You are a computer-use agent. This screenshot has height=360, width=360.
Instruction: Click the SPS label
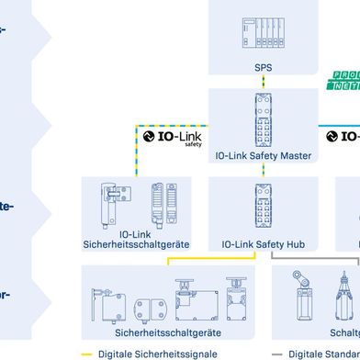coord(264,67)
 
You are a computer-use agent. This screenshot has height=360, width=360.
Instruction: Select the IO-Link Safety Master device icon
coord(264,118)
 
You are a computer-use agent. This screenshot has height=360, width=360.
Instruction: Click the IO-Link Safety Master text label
coord(264,156)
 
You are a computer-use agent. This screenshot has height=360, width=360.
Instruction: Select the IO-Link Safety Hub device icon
coord(264,209)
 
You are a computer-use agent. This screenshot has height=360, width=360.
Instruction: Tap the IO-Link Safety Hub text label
coord(264,245)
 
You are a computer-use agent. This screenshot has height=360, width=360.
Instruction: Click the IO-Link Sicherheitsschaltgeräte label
coord(136,241)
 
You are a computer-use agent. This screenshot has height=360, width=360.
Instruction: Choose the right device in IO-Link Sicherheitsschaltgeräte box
coord(158,204)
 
